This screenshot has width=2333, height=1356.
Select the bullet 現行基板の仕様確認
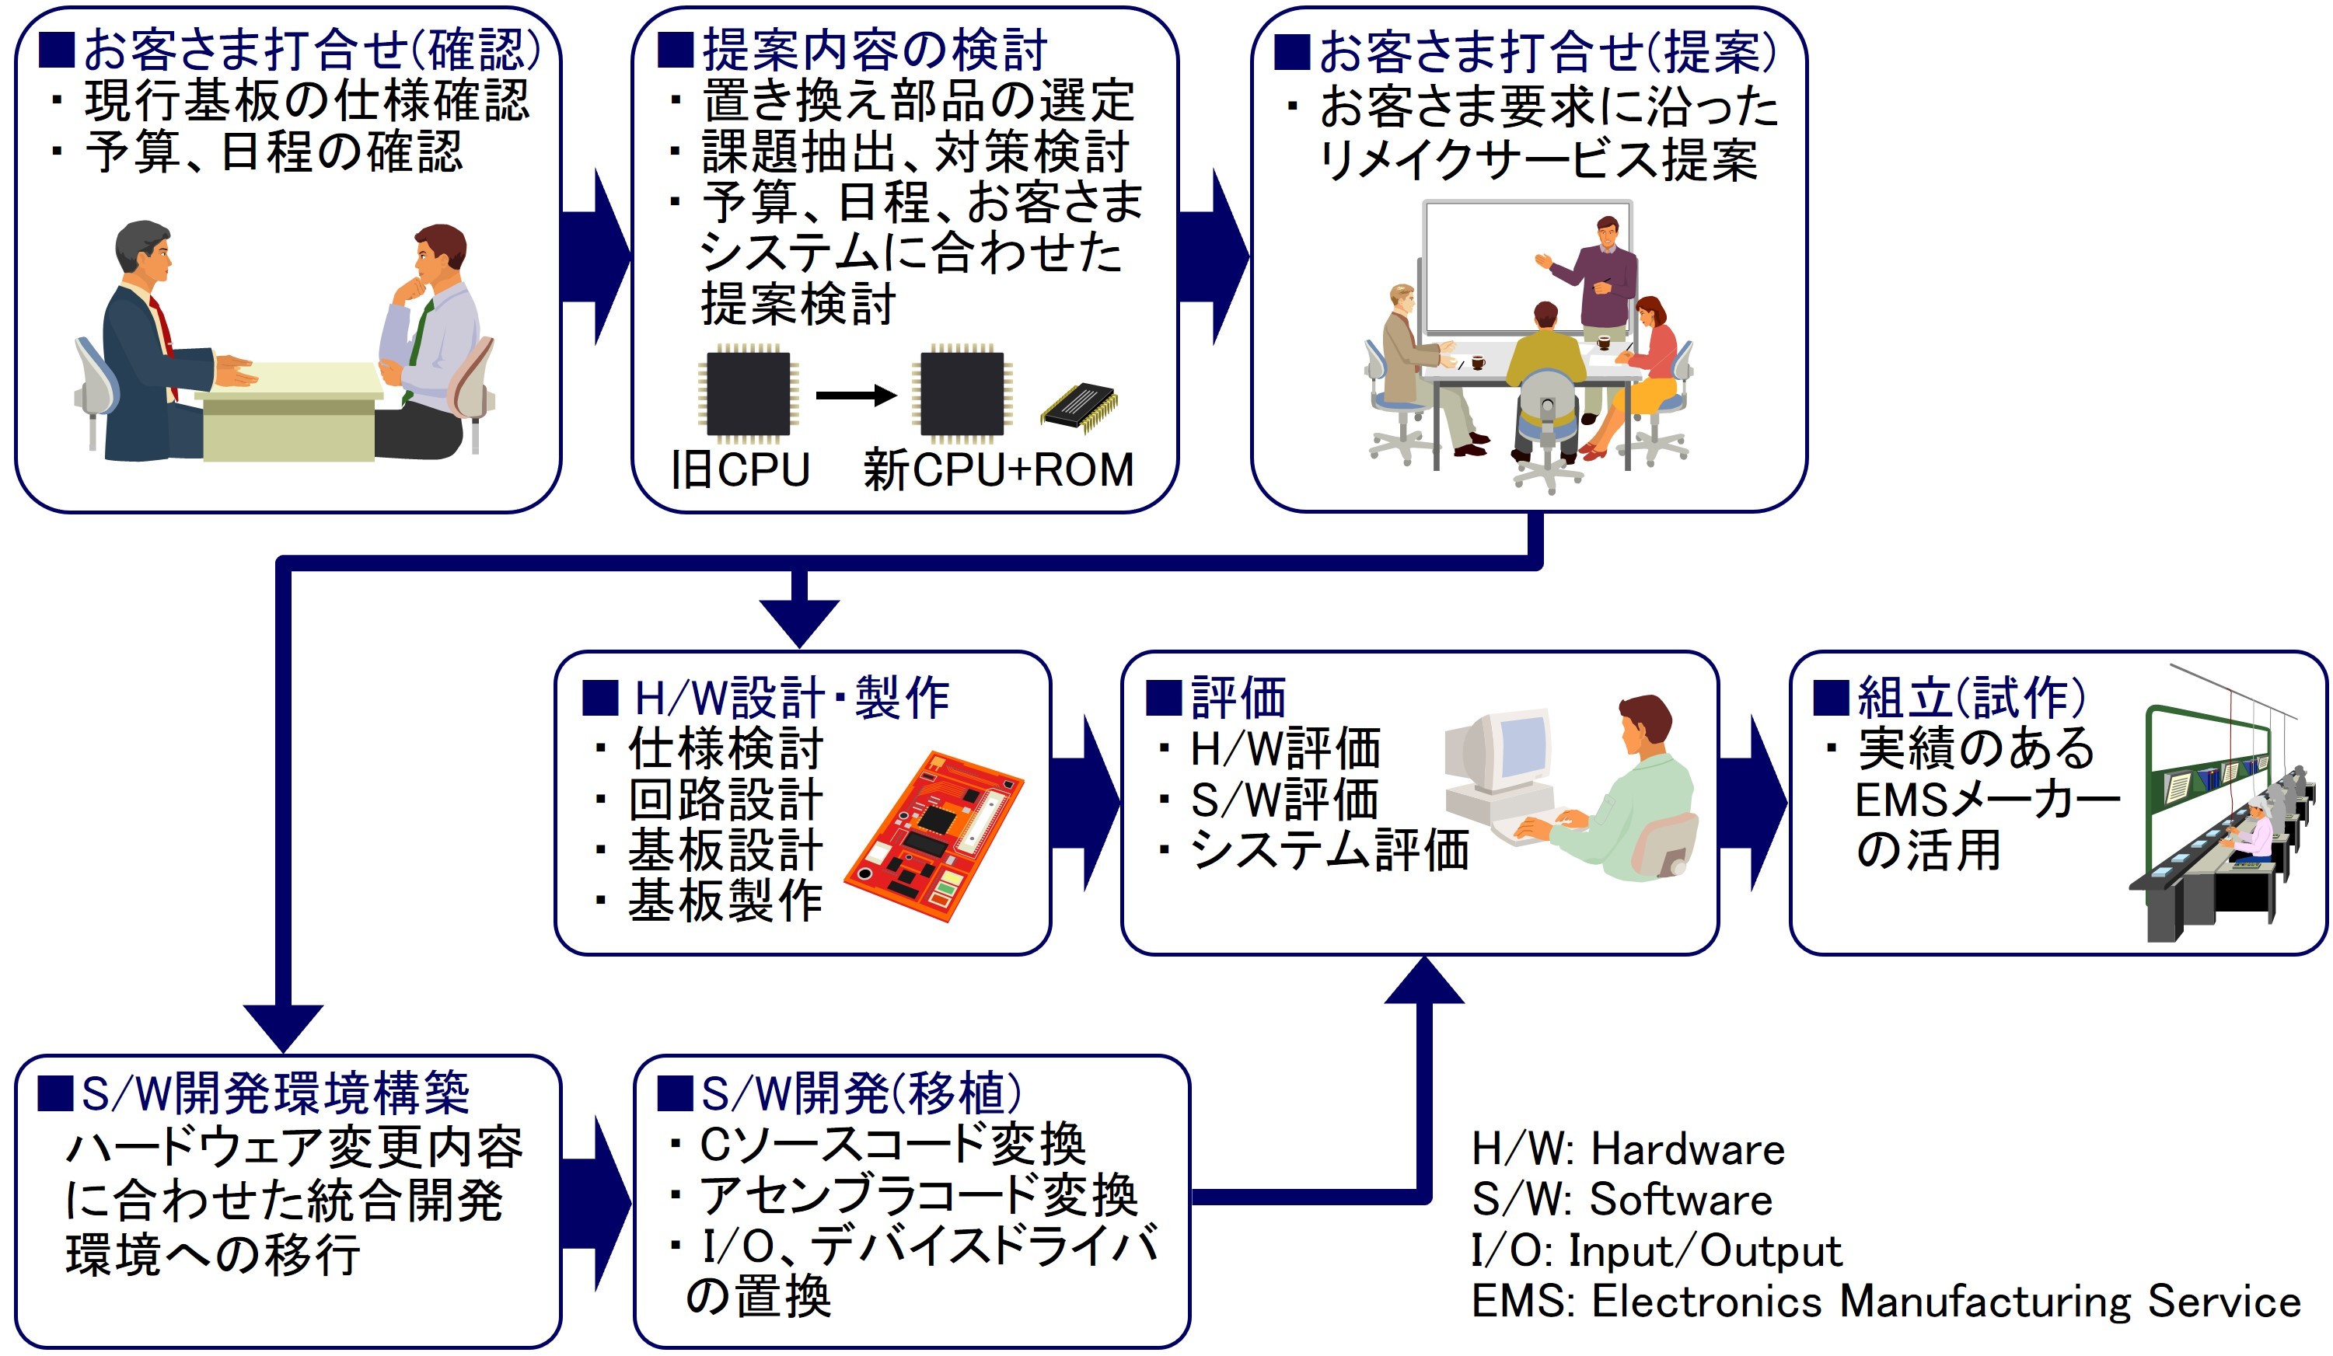click(x=306, y=101)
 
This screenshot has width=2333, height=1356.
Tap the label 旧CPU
click(x=741, y=469)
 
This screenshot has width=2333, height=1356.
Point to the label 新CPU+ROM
click(x=998, y=469)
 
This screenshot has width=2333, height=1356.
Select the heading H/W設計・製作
click(x=791, y=698)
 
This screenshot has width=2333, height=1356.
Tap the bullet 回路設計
click(x=725, y=800)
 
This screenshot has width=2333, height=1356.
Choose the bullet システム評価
click(x=1329, y=849)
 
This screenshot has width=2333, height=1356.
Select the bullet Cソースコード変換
click(x=892, y=1144)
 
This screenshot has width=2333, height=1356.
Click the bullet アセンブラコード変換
click(x=917, y=1195)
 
